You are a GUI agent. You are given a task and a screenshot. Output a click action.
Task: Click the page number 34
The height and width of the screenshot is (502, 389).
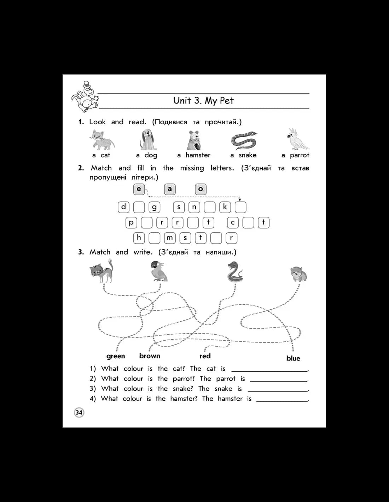point(79,412)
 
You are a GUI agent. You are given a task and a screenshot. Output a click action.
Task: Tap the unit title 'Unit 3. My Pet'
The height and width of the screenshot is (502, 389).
point(203,101)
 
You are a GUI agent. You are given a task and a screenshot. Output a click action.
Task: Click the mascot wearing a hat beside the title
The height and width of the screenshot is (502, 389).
point(85,97)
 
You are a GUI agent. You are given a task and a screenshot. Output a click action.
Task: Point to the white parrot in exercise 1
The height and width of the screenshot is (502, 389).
point(298,139)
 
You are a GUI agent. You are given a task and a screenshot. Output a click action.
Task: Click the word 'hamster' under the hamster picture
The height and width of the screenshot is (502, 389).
point(198,155)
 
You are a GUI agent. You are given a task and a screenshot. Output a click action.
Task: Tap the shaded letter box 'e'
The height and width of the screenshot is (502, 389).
point(139,189)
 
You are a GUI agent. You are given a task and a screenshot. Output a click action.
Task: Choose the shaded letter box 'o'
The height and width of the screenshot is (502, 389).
point(201,189)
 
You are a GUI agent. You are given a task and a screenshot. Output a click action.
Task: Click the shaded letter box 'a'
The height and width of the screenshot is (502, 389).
point(170,189)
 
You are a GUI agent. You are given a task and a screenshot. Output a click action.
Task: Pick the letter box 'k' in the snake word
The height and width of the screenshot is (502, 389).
point(225,207)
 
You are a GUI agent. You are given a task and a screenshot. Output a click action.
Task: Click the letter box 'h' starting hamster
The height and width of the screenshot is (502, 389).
point(139,238)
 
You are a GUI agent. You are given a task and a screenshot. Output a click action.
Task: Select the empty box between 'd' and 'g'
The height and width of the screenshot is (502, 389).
point(139,207)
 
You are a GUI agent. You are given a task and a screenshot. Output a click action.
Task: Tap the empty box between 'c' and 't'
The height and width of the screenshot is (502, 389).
point(248,223)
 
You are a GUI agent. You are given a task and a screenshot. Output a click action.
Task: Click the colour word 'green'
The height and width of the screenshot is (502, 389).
point(116,356)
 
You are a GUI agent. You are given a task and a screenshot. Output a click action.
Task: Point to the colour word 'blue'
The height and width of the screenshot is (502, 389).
point(293,358)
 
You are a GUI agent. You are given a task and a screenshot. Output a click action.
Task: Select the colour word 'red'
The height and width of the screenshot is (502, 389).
point(205,356)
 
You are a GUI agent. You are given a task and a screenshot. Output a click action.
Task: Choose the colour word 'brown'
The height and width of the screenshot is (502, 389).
point(150,356)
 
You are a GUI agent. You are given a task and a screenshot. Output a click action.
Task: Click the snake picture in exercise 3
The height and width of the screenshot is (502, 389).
point(235,272)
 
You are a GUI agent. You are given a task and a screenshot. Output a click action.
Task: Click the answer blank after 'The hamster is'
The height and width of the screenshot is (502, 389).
point(282,401)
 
